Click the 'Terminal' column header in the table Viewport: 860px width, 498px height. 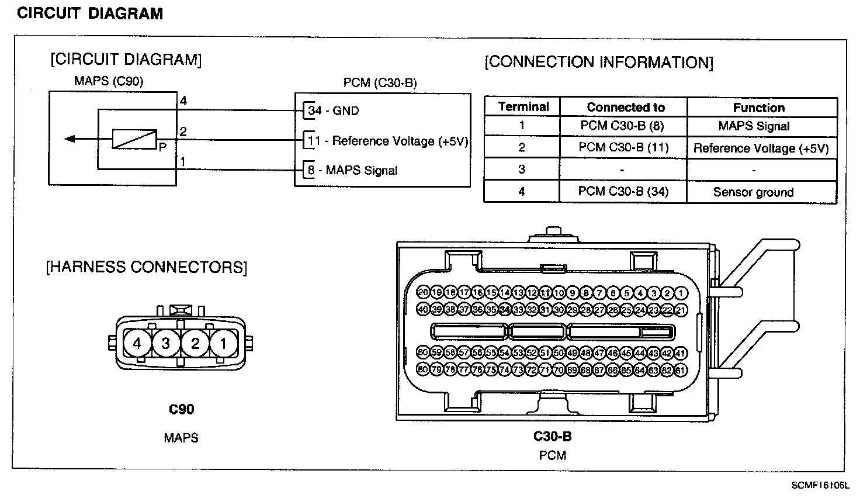pyautogui.click(x=523, y=107)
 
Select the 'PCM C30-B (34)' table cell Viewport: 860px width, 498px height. pyautogui.click(x=623, y=191)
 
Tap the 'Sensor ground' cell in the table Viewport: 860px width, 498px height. pyautogui.click(x=753, y=192)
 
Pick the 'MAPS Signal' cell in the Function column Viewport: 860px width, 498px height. pyautogui.click(x=753, y=126)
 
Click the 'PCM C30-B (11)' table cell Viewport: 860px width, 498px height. pyautogui.click(x=623, y=147)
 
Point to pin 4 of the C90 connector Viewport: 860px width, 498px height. pyautogui.click(x=137, y=343)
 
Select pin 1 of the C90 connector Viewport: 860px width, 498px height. pyautogui.click(x=223, y=343)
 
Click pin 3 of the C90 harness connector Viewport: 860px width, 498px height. pyautogui.click(x=166, y=343)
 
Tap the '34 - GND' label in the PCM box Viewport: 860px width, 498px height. pyautogui.click(x=334, y=110)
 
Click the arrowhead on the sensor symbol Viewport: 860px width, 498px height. pyautogui.click(x=70, y=139)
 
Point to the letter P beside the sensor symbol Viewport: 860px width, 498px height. pyautogui.click(x=162, y=148)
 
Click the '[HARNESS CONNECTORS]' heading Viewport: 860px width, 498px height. pyautogui.click(x=146, y=267)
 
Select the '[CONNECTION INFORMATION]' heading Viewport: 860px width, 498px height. pyautogui.click(x=599, y=63)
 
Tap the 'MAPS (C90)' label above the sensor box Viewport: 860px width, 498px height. pyautogui.click(x=109, y=81)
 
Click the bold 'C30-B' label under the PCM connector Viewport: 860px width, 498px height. pyautogui.click(x=552, y=436)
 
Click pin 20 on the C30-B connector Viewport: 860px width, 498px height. pyautogui.click(x=423, y=292)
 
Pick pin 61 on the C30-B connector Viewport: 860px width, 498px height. pyautogui.click(x=681, y=369)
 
